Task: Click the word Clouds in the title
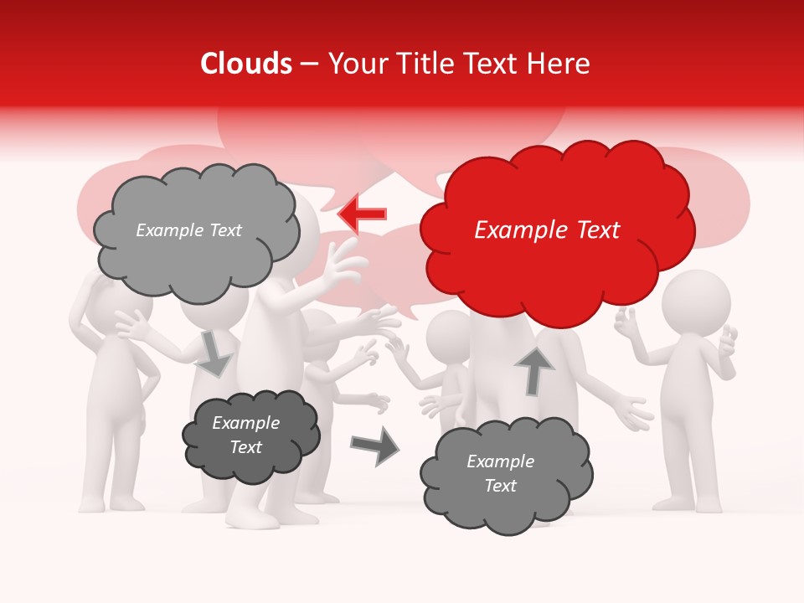pyautogui.click(x=246, y=64)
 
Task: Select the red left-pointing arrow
pyautogui.click(x=363, y=214)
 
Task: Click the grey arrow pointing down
pyautogui.click(x=215, y=353)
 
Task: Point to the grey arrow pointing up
pyautogui.click(x=534, y=371)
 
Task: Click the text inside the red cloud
pyautogui.click(x=547, y=230)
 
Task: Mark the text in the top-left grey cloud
pyautogui.click(x=188, y=230)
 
